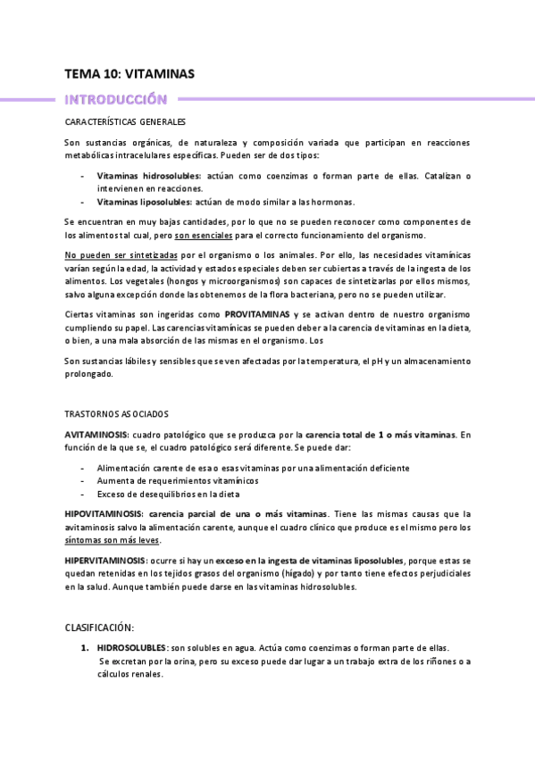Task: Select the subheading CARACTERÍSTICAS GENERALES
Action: coord(125,121)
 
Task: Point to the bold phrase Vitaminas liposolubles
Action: coord(143,202)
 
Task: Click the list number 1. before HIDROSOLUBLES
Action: coord(85,648)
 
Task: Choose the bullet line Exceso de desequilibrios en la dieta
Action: coord(175,494)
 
